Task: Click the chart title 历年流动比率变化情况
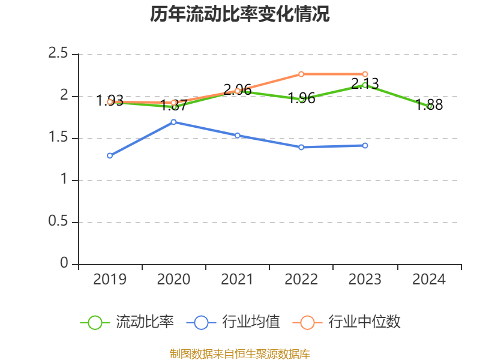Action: pyautogui.click(x=240, y=14)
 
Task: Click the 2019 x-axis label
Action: pyautogui.click(x=110, y=280)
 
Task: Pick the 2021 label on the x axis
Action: pyautogui.click(x=238, y=280)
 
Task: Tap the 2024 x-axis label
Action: pyautogui.click(x=429, y=280)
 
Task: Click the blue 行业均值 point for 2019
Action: pyautogui.click(x=110, y=155)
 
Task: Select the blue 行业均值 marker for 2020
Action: pyautogui.click(x=174, y=122)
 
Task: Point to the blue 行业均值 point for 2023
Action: pyautogui.click(x=365, y=145)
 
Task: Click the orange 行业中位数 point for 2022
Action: pyautogui.click(x=301, y=74)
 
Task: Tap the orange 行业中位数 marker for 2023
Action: pyautogui.click(x=365, y=74)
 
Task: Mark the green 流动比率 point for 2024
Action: pyautogui.click(x=429, y=106)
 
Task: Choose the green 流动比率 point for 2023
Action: pyautogui.click(x=365, y=85)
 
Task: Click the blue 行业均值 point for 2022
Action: pyautogui.click(x=301, y=147)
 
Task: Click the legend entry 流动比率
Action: pyautogui.click(x=127, y=322)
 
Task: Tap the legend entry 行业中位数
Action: pyautogui.click(x=346, y=322)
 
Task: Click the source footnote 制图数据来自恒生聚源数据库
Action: pyautogui.click(x=240, y=353)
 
